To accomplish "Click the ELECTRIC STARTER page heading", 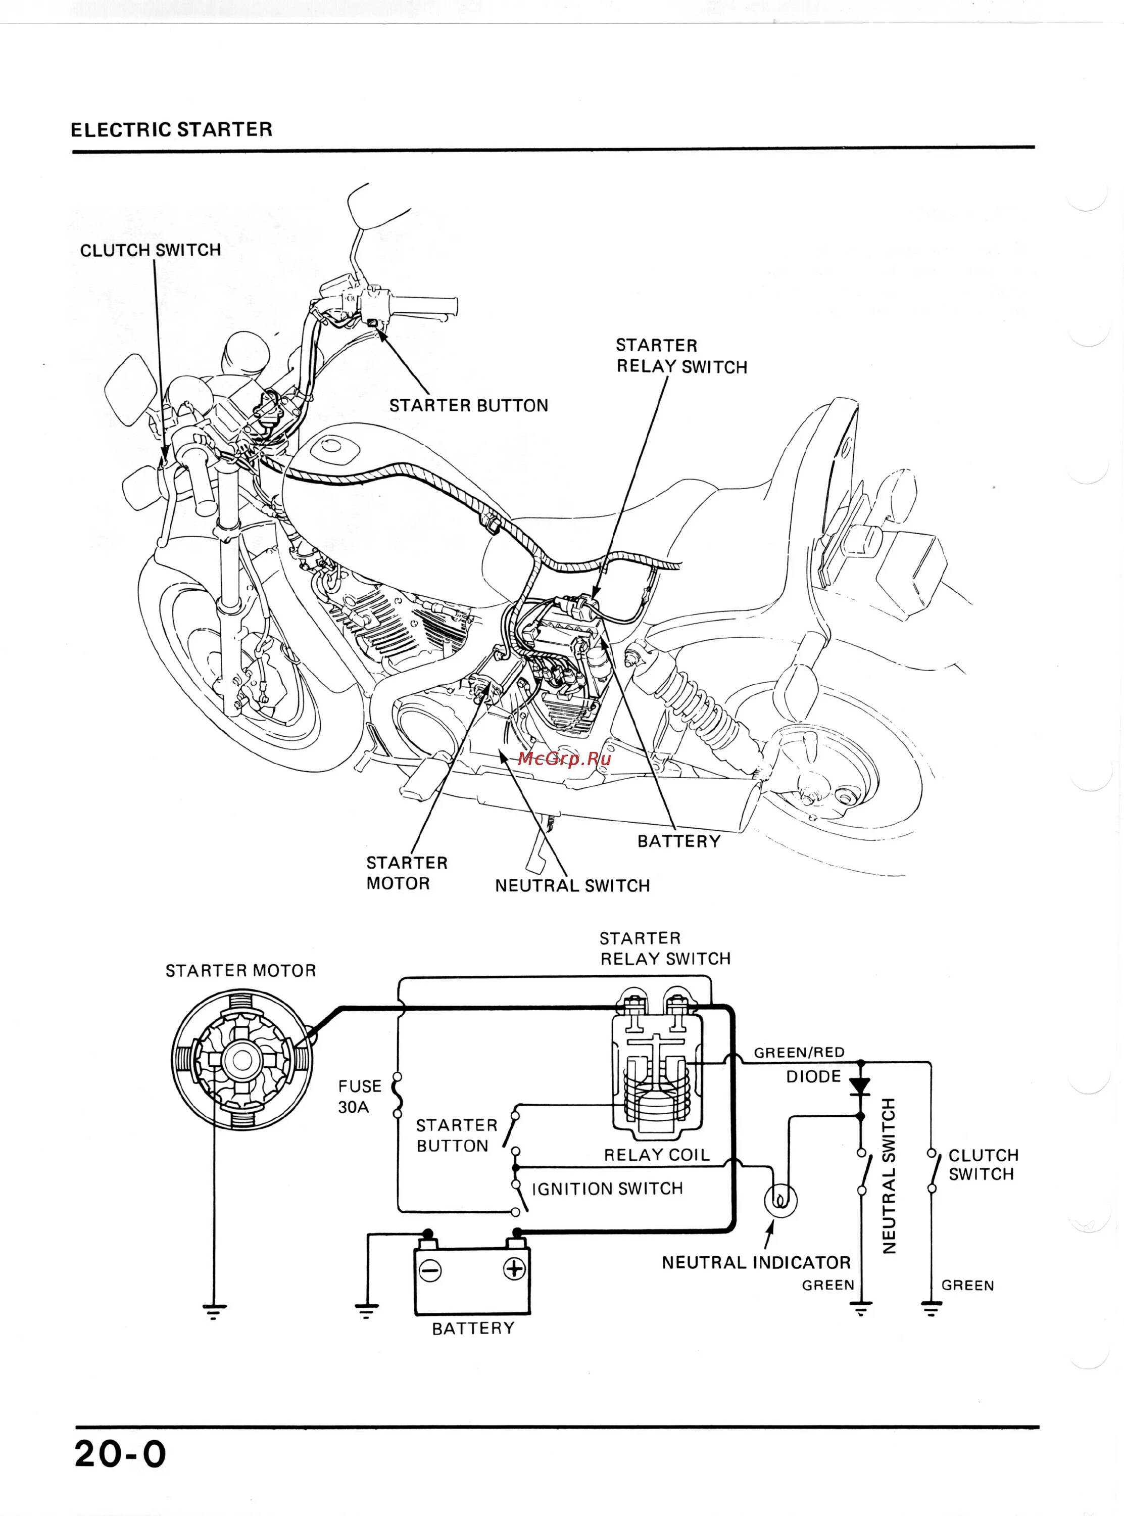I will pyautogui.click(x=171, y=129).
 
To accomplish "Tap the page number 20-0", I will pyautogui.click(x=120, y=1454).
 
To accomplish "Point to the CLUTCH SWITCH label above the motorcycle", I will pyautogui.click(x=151, y=251).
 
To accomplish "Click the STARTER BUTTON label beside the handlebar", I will pyautogui.click(x=468, y=406).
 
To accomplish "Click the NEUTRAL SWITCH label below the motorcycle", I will pyautogui.click(x=572, y=885).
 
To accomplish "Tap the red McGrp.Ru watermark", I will pyautogui.click(x=564, y=759).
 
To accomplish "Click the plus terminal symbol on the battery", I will pyautogui.click(x=514, y=1268).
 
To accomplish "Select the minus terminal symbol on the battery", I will pyautogui.click(x=430, y=1270).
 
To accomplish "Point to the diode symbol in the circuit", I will pyautogui.click(x=861, y=1085).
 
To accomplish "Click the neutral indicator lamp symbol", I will pyautogui.click(x=781, y=1201).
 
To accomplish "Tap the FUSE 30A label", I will pyautogui.click(x=359, y=1096).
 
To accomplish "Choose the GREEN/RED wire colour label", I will pyautogui.click(x=799, y=1053).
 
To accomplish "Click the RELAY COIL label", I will pyautogui.click(x=657, y=1155).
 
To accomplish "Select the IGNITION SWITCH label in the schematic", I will pyautogui.click(x=607, y=1189).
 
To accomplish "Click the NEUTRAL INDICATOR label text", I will pyautogui.click(x=756, y=1263).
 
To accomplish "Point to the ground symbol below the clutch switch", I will pyautogui.click(x=932, y=1308).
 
